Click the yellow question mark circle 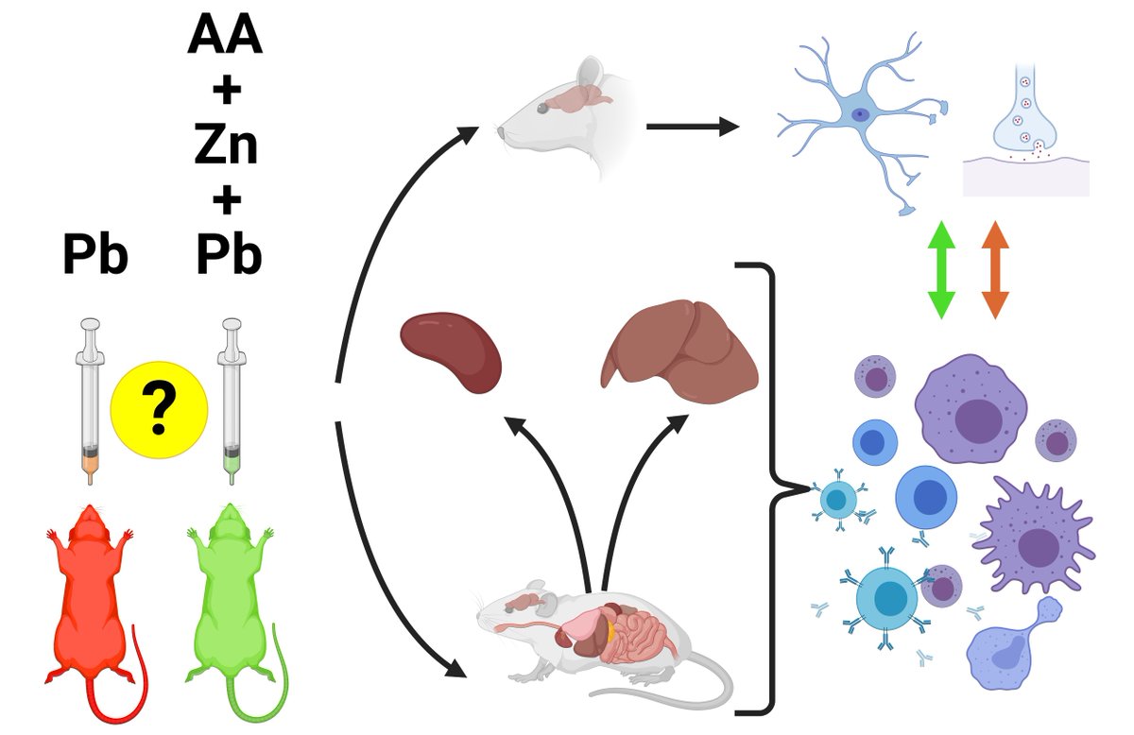point(159,409)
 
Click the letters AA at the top point(225,36)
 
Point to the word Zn point(226,145)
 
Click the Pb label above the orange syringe point(95,255)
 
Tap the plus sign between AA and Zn point(227,91)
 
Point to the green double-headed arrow point(941,270)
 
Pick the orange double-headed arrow point(995,270)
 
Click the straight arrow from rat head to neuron point(693,127)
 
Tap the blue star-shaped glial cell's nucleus point(859,115)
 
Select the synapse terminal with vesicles point(1025,116)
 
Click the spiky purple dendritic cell point(1034,538)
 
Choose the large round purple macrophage point(971,409)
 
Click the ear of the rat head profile point(591,71)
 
